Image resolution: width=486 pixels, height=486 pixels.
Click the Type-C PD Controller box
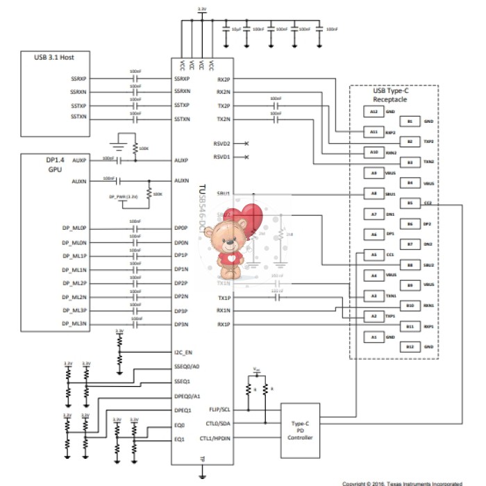pyautogui.click(x=300, y=430)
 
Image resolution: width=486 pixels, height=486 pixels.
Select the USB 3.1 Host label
pyautogui.click(x=54, y=57)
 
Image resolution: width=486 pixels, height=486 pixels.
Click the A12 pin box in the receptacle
pyautogui.click(x=374, y=111)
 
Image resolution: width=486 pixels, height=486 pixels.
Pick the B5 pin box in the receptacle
pyautogui.click(x=410, y=203)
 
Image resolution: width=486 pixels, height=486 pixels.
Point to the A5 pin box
pyautogui.click(x=374, y=255)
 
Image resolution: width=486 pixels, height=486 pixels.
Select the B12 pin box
pyautogui.click(x=410, y=346)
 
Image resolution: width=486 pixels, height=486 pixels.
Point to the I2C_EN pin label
pyautogui.click(x=183, y=352)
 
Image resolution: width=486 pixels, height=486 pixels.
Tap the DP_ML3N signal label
pyautogui.click(x=74, y=324)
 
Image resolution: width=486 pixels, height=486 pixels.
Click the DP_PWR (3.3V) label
pyautogui.click(x=124, y=196)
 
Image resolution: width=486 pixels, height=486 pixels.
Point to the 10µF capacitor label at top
pyautogui.click(x=236, y=29)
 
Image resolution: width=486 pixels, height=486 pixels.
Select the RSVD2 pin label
pyautogui.click(x=221, y=144)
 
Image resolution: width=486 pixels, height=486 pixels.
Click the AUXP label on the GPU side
pyautogui.click(x=79, y=160)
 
